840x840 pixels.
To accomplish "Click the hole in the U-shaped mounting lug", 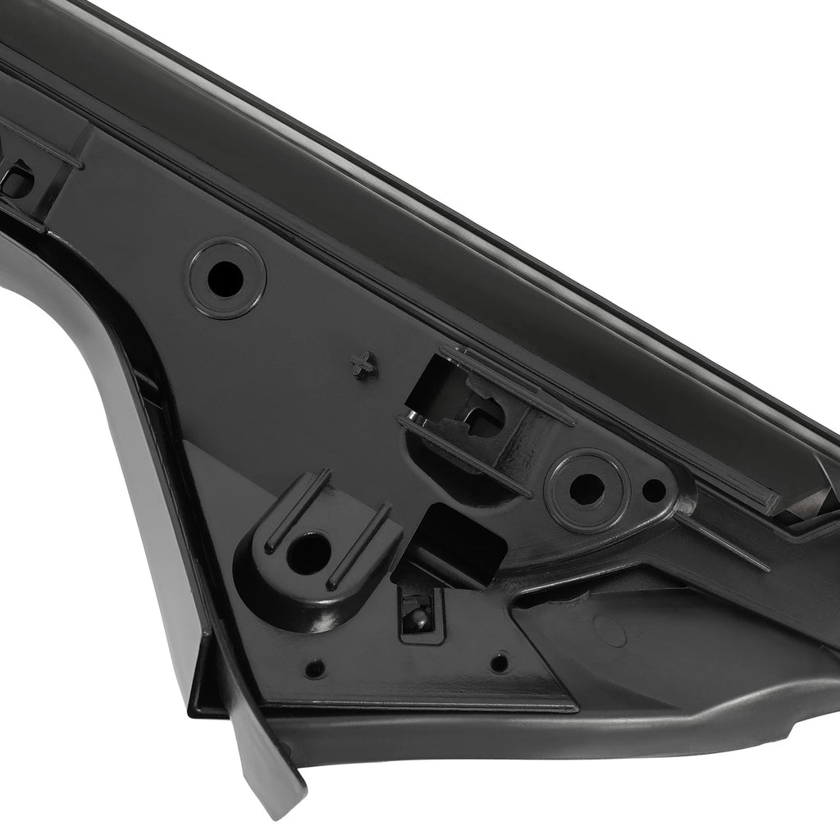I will pyautogui.click(x=308, y=553).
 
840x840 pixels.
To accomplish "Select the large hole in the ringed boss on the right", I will pyautogui.click(x=586, y=488).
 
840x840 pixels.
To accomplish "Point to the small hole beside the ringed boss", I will pyautogui.click(x=653, y=491).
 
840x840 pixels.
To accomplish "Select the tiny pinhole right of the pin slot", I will pyautogui.click(x=498, y=661).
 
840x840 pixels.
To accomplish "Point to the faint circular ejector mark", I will pyautogui.click(x=609, y=630).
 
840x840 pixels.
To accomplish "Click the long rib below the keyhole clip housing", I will pyautogui.click(x=464, y=455).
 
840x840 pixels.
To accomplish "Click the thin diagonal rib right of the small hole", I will pyautogui.click(x=722, y=542).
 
